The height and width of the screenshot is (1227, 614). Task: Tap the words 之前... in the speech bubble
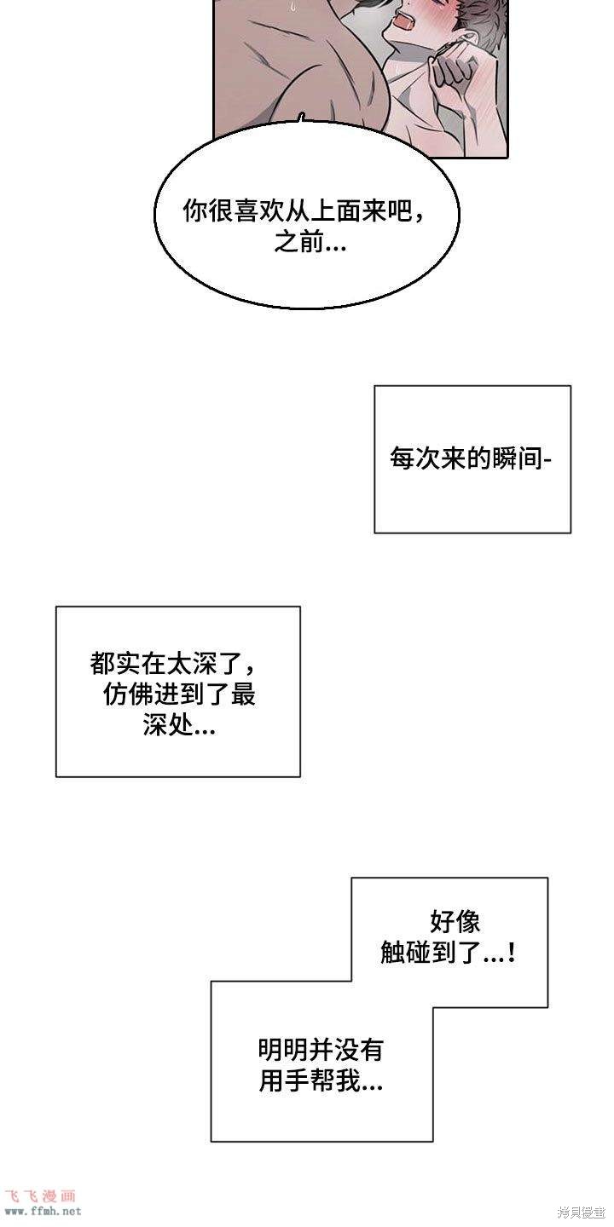click(x=310, y=241)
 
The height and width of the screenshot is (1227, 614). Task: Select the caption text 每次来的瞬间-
click(x=471, y=458)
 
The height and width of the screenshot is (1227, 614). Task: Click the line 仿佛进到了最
click(x=179, y=695)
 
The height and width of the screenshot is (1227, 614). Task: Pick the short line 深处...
click(x=179, y=726)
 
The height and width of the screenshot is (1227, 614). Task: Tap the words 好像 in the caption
click(x=455, y=921)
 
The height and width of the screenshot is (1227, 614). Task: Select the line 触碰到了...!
click(x=448, y=953)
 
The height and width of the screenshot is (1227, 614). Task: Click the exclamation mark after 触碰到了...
click(x=512, y=953)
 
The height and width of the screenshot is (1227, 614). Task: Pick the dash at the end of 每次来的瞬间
click(x=547, y=460)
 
